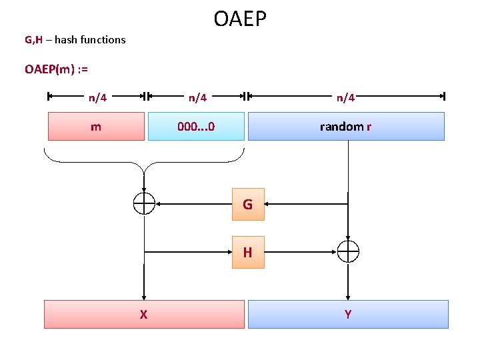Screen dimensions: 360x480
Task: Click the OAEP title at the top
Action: [240, 19]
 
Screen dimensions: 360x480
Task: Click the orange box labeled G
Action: [248, 204]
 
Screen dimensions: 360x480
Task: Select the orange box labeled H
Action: [248, 252]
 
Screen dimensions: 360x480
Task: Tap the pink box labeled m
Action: [96, 126]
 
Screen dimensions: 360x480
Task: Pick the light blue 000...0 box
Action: [196, 126]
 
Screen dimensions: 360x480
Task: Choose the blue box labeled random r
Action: [345, 126]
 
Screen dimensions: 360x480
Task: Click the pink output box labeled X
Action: [144, 314]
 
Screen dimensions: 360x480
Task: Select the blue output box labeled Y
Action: [347, 314]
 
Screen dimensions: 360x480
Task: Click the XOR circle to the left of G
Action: [144, 203]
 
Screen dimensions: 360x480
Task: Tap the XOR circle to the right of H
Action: [347, 251]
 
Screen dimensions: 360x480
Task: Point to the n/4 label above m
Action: [97, 97]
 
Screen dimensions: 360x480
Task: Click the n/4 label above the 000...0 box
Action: [197, 97]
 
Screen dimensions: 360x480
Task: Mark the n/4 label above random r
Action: [345, 97]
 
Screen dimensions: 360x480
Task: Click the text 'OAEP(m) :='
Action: [57, 69]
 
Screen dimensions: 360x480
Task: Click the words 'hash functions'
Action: [90, 39]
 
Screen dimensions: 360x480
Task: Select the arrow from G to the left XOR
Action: [193, 203]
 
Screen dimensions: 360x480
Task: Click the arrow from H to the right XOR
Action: [300, 252]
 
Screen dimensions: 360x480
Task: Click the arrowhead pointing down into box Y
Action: [347, 296]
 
